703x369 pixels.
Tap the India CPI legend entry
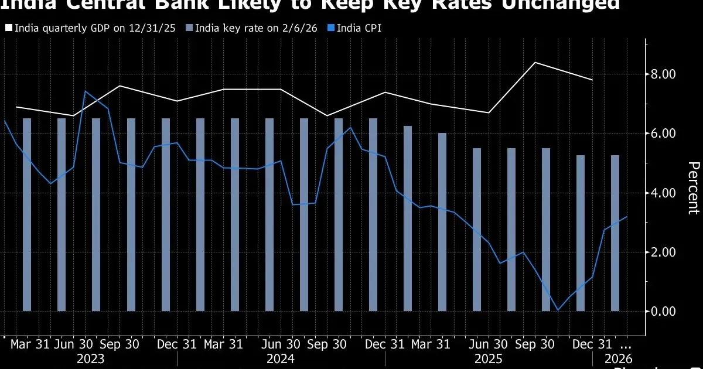point(357,28)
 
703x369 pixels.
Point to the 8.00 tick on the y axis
point(664,74)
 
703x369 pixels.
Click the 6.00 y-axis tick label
point(664,134)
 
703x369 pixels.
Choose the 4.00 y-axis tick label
point(664,193)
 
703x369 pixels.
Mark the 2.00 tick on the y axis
point(664,252)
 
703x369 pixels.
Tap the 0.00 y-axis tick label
point(664,311)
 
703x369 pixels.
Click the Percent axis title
point(692,188)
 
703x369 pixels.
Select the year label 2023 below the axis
point(90,358)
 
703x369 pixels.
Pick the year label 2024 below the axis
point(281,358)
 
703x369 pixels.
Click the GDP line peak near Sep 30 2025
point(534,62)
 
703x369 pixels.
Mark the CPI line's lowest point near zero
point(558,310)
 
